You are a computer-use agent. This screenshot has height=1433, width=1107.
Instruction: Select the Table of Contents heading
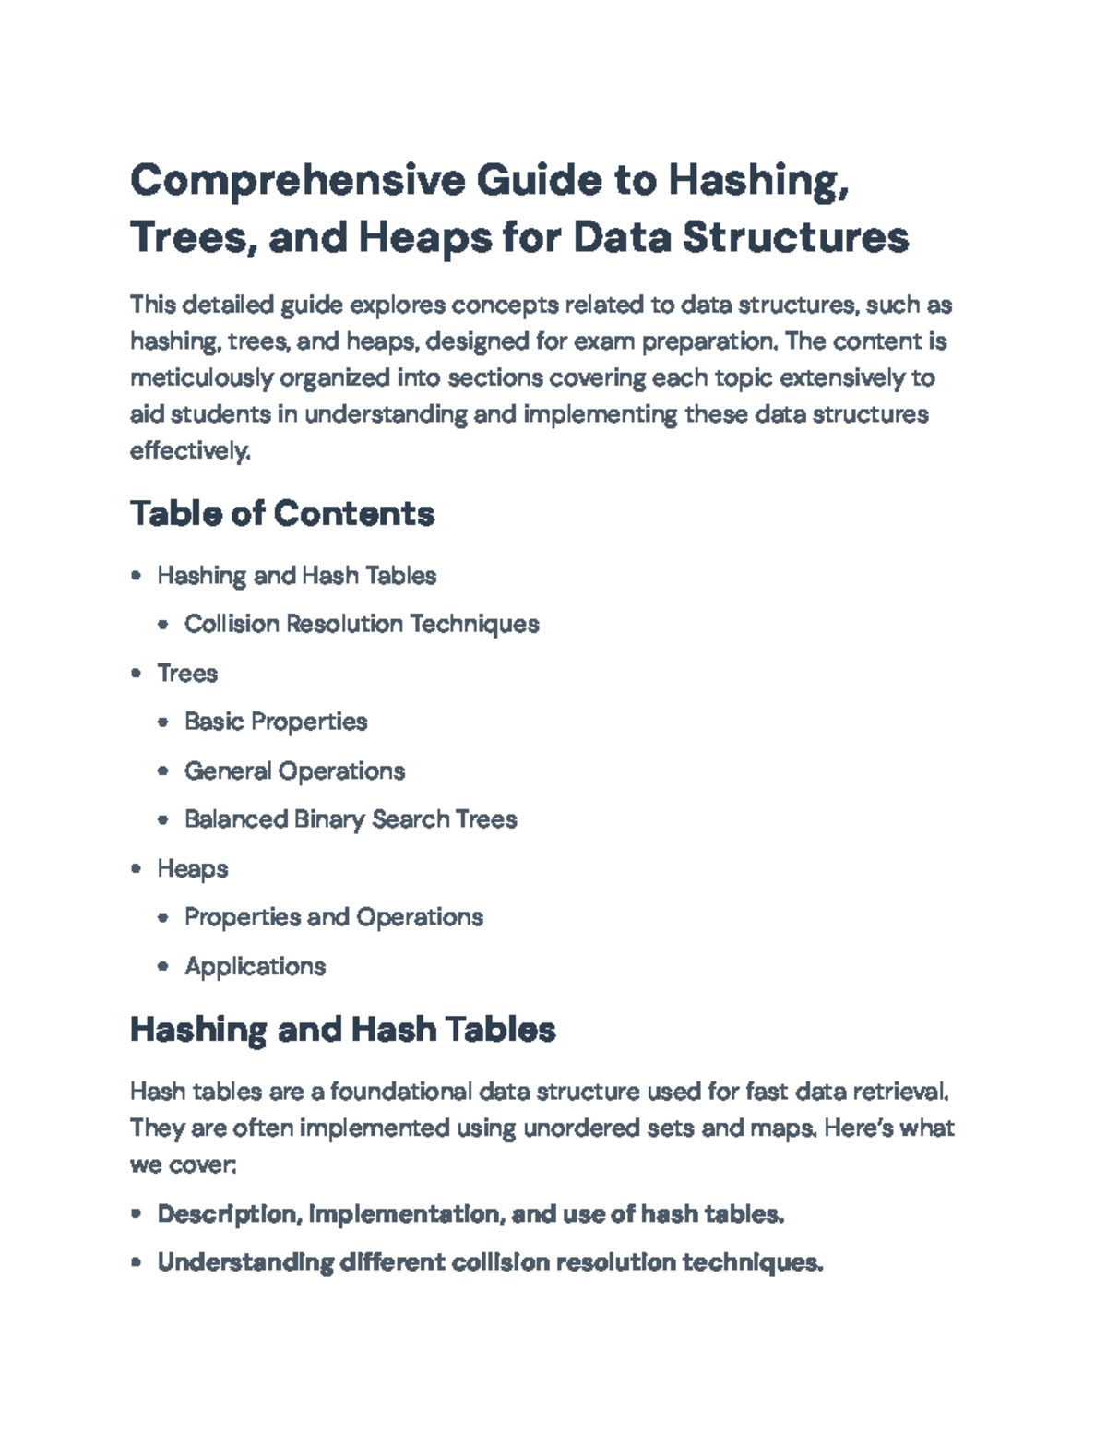tap(281, 513)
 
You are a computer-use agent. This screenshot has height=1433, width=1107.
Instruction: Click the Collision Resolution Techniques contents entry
tap(362, 624)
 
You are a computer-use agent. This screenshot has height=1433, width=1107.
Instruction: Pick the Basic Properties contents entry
tap(276, 722)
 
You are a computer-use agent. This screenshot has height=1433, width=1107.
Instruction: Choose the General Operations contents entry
tap(294, 770)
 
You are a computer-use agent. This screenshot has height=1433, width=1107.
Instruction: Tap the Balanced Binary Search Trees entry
tap(351, 819)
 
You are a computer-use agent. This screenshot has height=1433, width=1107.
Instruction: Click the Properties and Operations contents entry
tap(334, 917)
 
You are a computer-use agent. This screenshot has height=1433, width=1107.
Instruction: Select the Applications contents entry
tap(255, 966)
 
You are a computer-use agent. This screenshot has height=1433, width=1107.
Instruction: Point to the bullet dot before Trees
tap(137, 673)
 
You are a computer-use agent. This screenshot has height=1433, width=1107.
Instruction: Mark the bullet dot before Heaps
tap(137, 868)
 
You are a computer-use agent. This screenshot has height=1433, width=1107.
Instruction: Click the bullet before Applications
tap(163, 966)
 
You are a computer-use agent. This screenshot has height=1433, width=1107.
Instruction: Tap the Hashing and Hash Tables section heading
tap(342, 1029)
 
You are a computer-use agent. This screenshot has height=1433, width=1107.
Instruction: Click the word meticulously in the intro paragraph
tap(201, 378)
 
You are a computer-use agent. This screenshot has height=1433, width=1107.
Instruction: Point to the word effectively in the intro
tap(189, 451)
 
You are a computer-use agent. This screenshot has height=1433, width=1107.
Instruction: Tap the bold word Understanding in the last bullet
tap(245, 1262)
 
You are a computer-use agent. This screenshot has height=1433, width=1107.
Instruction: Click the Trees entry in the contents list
tap(187, 673)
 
